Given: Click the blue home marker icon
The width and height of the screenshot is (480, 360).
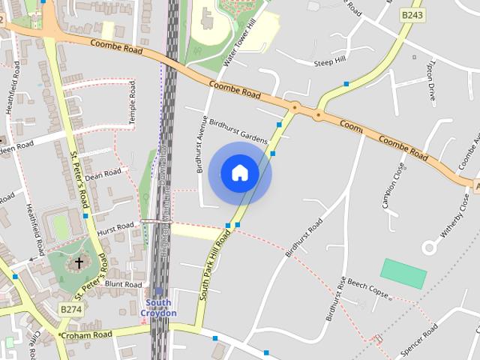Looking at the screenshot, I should (239, 173).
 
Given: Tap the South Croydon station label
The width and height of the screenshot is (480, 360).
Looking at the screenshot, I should (159, 307).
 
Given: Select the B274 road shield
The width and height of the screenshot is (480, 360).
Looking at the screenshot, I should (70, 309).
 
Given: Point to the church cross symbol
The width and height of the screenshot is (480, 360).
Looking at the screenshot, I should (79, 263).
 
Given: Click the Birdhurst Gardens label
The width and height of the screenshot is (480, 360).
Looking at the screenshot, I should (238, 130).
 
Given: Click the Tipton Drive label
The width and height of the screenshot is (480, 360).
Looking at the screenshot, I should (431, 82).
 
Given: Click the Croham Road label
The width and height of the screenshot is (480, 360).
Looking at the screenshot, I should (86, 334).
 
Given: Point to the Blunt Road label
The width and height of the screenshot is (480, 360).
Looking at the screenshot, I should (123, 285).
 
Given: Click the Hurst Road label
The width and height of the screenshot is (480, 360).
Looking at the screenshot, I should (115, 227).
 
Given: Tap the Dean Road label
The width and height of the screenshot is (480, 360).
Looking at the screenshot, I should (103, 175).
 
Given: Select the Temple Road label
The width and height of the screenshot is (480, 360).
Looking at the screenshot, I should (132, 103).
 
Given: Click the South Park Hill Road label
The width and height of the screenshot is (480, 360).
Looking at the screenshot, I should (214, 266).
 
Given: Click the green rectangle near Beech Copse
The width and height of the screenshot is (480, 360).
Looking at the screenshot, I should (403, 273).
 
